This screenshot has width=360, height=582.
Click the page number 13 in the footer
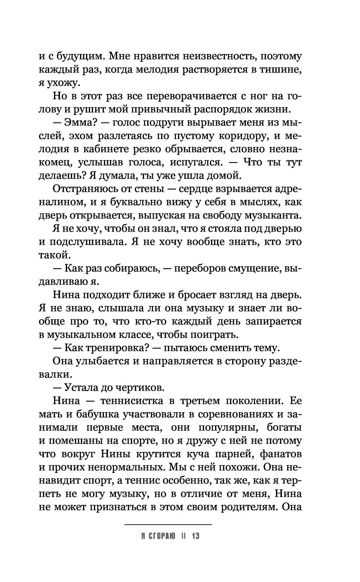[x=195, y=536]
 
